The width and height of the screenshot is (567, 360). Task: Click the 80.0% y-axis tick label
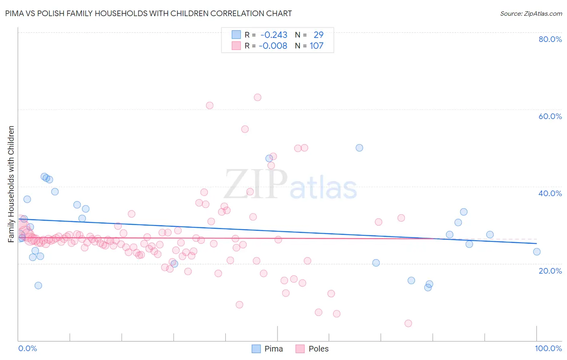(x=550, y=39)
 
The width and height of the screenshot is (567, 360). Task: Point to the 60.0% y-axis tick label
(x=550, y=116)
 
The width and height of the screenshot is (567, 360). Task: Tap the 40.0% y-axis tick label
(x=550, y=193)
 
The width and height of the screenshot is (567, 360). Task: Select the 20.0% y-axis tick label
(x=550, y=271)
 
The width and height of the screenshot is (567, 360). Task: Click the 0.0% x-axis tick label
(x=27, y=348)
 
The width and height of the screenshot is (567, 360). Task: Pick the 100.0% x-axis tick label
(x=548, y=348)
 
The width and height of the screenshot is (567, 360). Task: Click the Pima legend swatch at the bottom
(x=256, y=349)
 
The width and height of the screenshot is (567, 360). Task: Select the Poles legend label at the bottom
(x=318, y=349)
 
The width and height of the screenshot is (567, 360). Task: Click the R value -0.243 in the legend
(x=274, y=35)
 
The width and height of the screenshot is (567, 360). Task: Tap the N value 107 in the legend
(x=317, y=46)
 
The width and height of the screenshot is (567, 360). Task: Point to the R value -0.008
(x=273, y=46)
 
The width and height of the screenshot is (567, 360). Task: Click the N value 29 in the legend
(x=319, y=35)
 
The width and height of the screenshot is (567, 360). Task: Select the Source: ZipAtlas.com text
(x=531, y=13)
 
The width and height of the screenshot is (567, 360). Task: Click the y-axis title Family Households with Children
(x=11, y=184)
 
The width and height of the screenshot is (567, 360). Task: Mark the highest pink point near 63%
(x=258, y=97)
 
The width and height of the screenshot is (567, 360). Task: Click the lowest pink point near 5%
(x=408, y=323)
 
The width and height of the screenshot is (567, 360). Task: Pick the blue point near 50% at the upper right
(x=359, y=148)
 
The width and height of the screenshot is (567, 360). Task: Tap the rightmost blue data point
(x=537, y=252)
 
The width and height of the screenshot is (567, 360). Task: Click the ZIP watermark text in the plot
(x=256, y=184)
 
